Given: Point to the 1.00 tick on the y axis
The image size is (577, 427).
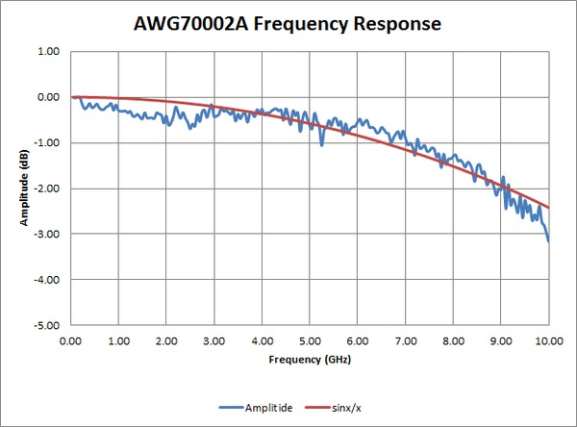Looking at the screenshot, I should (x=48, y=52).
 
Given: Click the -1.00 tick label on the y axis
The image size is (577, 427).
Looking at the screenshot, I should (x=46, y=143).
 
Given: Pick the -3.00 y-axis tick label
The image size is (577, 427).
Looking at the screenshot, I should (x=46, y=234).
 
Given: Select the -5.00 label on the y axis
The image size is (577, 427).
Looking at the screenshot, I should (x=46, y=325).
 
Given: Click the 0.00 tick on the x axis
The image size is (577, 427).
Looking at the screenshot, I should (x=70, y=340).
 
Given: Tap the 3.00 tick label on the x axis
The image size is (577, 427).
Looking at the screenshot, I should (x=213, y=340).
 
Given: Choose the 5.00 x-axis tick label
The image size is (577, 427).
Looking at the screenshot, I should (x=310, y=340).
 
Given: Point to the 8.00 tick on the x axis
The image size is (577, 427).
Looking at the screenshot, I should (x=453, y=340).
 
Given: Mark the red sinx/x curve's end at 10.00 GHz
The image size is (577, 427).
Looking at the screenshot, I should (x=548, y=207).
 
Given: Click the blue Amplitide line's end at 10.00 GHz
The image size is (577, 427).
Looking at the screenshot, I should (x=548, y=240).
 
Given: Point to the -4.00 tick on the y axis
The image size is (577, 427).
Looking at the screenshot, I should (x=46, y=280).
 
